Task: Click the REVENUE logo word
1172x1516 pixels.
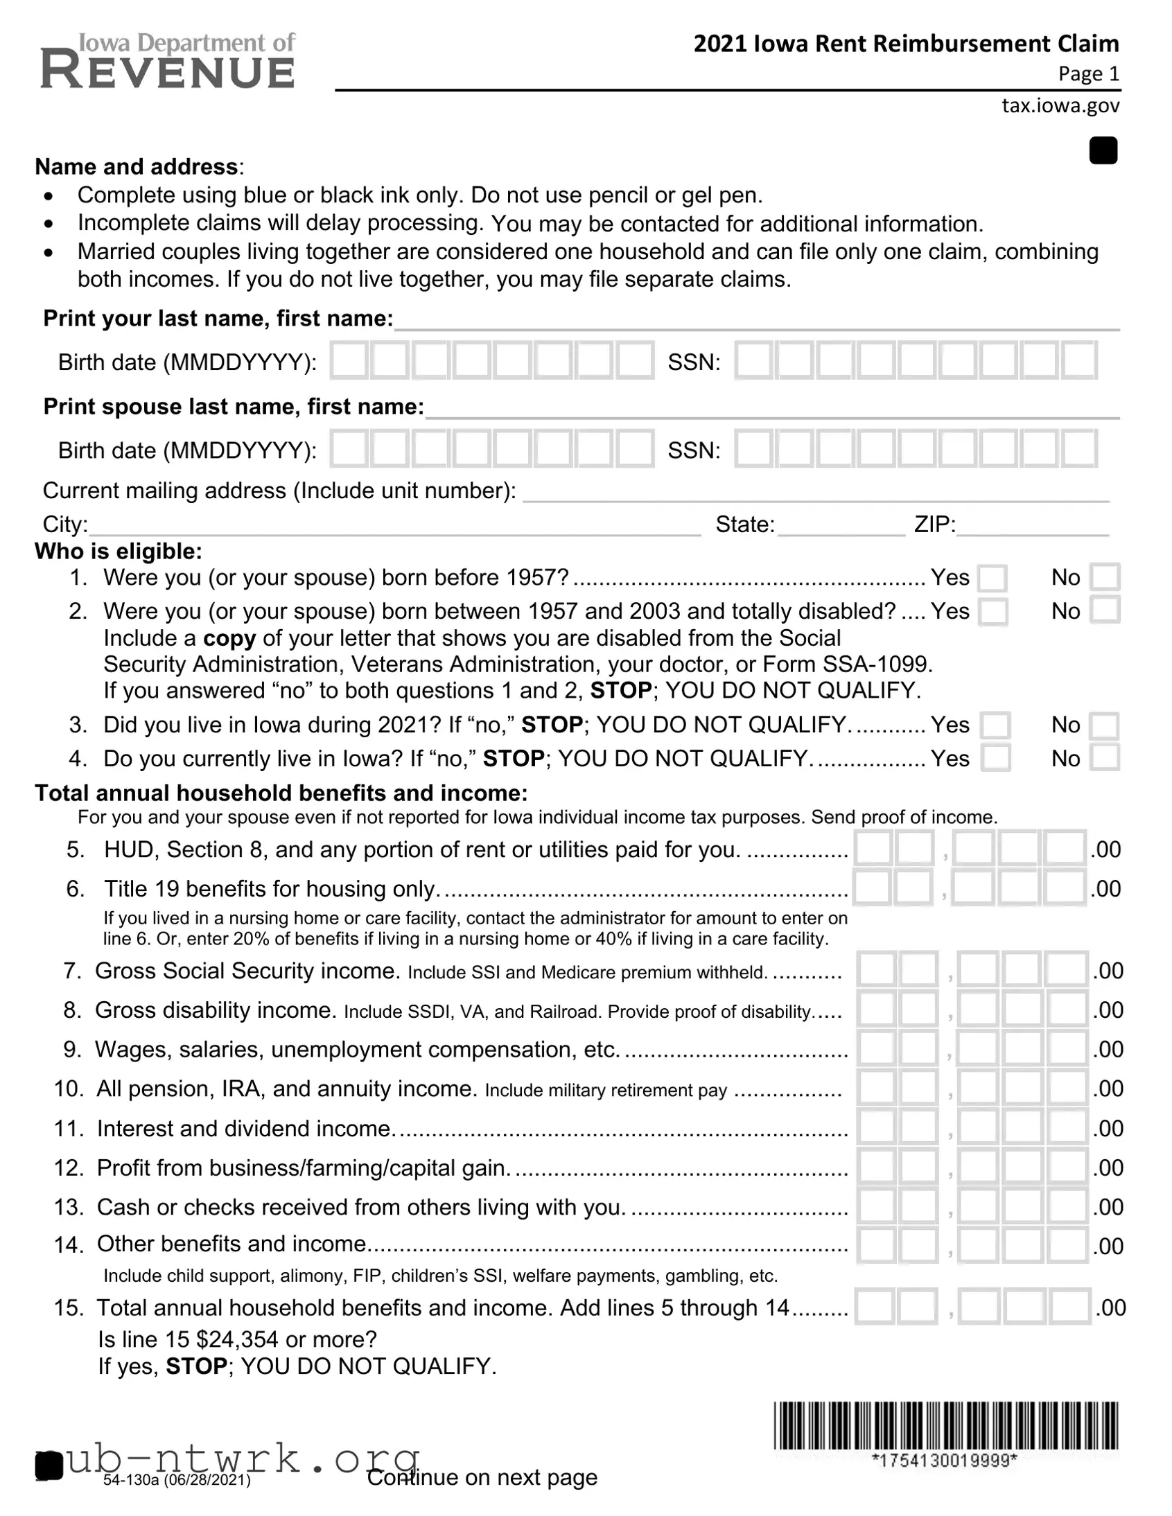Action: click(168, 71)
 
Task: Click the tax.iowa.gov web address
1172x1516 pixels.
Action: click(1060, 105)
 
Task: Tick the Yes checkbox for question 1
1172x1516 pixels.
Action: click(992, 579)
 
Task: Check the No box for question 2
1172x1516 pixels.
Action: click(1105, 611)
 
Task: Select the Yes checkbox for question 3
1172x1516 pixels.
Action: click(995, 725)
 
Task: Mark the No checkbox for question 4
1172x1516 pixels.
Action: click(1105, 758)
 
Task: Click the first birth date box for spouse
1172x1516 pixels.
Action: click(349, 448)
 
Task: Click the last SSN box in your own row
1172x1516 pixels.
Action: click(1079, 360)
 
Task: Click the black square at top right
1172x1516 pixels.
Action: click(1103, 150)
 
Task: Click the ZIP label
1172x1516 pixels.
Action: click(934, 524)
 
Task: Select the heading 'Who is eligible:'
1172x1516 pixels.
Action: click(119, 551)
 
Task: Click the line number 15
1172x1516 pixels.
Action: click(68, 1307)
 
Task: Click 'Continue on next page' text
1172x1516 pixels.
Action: click(482, 1477)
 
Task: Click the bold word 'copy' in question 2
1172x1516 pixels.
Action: click(229, 638)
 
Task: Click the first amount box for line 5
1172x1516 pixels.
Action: click(873, 848)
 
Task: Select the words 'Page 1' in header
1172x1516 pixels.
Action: click(1088, 73)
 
